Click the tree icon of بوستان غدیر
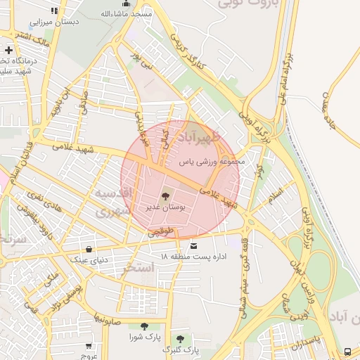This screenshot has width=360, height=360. coord(165,196)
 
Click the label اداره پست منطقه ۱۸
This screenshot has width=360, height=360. coord(193,257)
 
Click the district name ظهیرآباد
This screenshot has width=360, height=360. coord(199,134)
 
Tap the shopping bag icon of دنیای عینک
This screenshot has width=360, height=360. coord(89,249)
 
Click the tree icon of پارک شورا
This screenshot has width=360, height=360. coord(144,326)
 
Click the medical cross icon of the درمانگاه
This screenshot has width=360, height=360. coord(8,50)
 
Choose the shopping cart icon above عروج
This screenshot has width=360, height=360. coord(89,345)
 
